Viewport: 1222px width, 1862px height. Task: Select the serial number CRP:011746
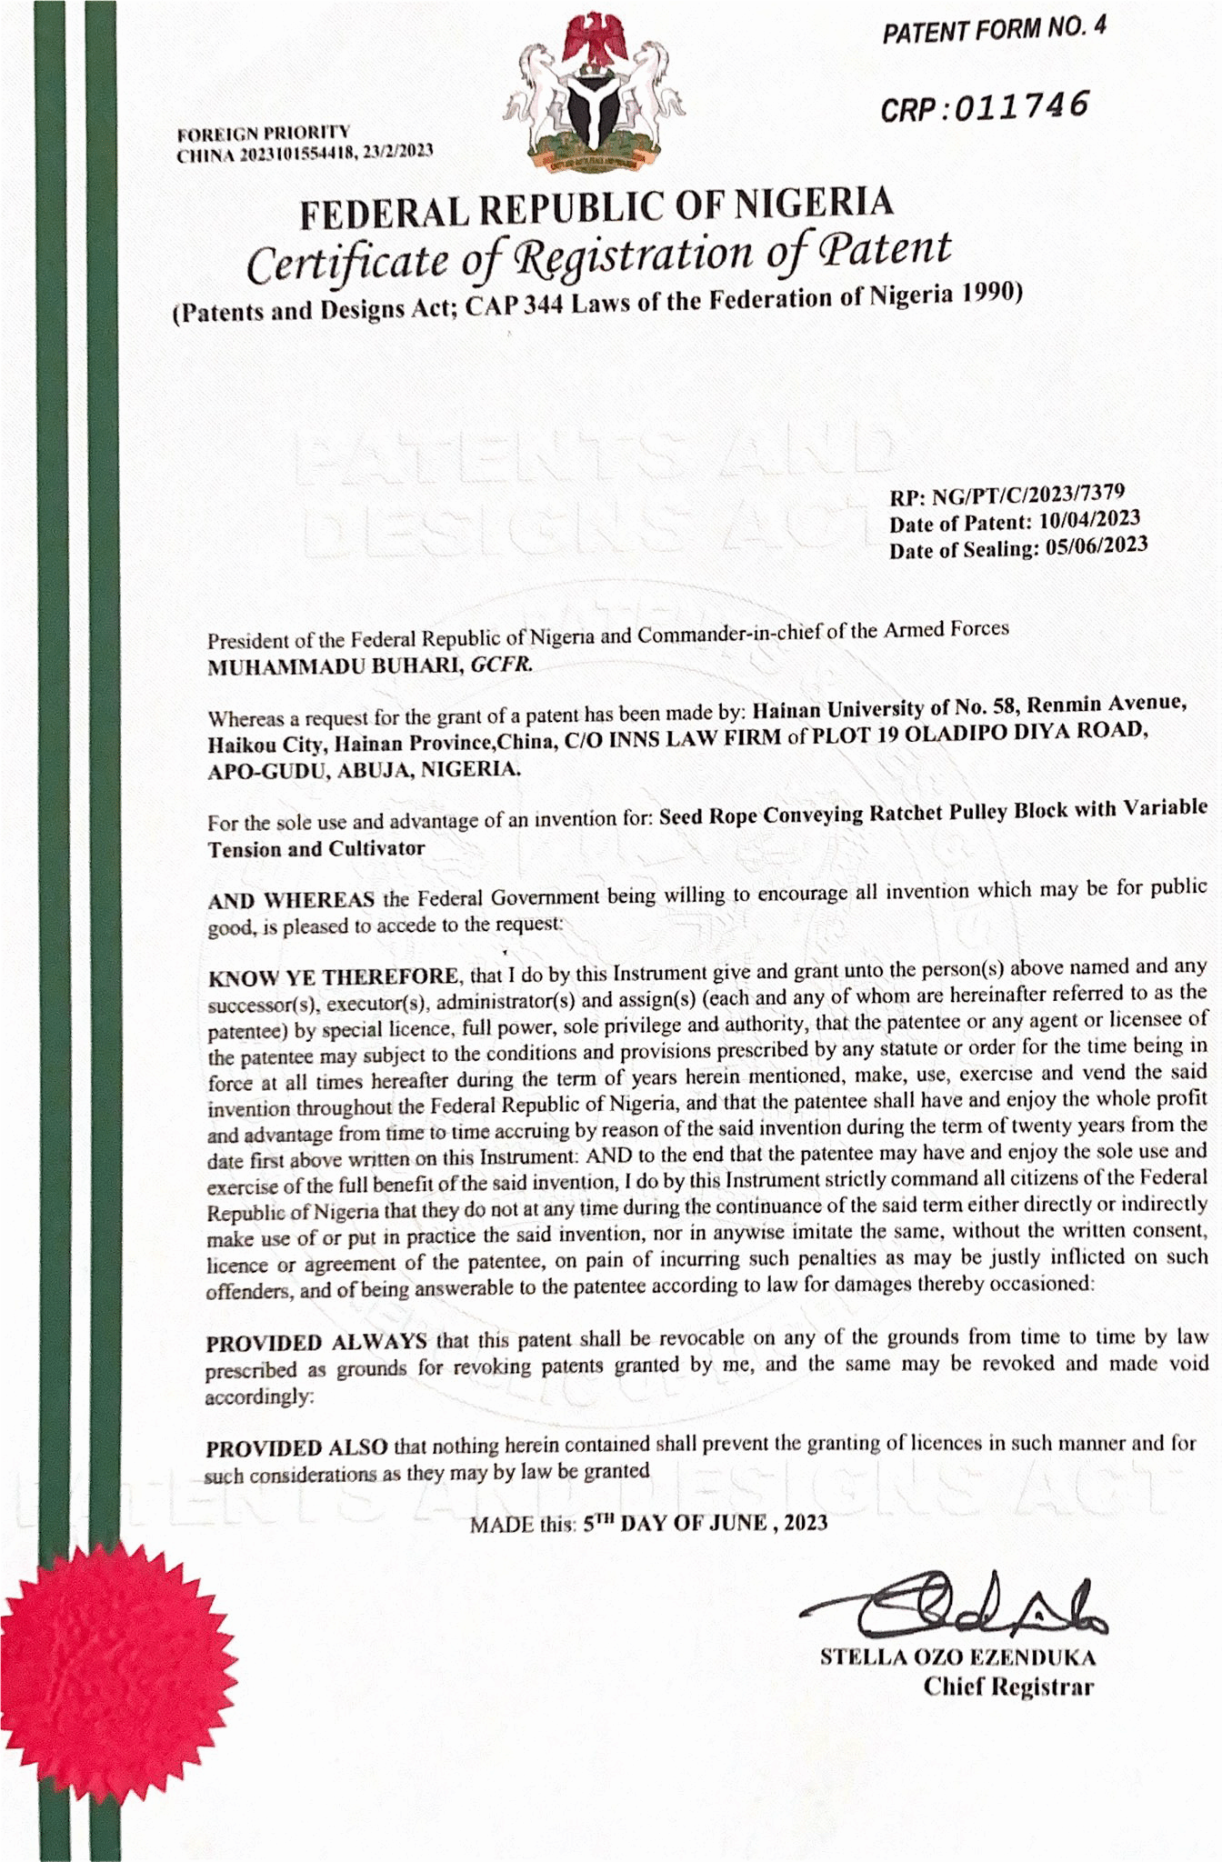coord(984,107)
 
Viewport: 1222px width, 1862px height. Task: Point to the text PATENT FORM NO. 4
coord(995,34)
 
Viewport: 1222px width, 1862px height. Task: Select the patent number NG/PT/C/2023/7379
coord(1027,496)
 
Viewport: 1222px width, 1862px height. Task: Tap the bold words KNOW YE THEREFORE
coord(333,977)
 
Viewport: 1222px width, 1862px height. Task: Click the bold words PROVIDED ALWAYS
coord(316,1342)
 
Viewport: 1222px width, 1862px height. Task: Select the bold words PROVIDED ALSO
coord(297,1447)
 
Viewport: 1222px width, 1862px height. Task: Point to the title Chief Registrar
coord(1008,1687)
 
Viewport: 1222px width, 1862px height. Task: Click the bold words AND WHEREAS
coord(291,900)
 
